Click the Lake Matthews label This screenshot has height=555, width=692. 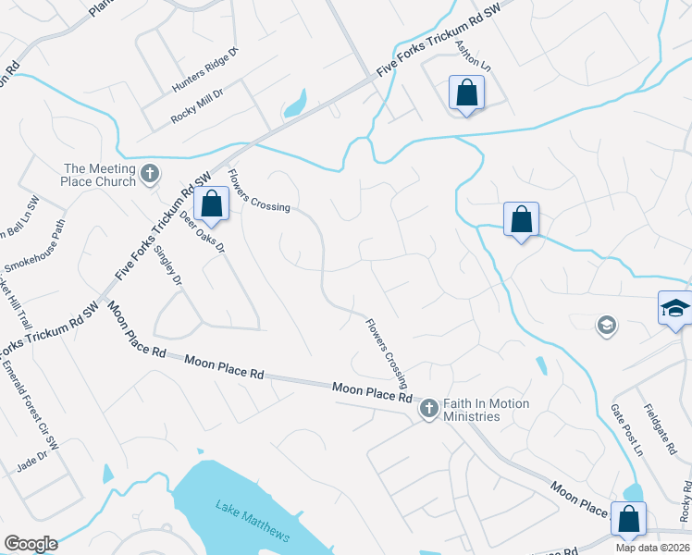coord(253,522)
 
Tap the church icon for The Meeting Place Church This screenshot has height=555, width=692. coord(150,173)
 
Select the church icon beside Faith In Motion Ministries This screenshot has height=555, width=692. coord(428,409)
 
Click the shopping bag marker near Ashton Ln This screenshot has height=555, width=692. coord(466,93)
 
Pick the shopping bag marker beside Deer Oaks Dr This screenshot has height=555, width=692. coord(212,205)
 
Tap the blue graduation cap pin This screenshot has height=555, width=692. coord(675,308)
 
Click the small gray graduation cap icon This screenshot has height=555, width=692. coord(607,325)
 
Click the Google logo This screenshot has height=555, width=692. coord(31,543)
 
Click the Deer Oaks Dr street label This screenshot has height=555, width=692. coord(203,235)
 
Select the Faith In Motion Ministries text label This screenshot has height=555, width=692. coord(486,410)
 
